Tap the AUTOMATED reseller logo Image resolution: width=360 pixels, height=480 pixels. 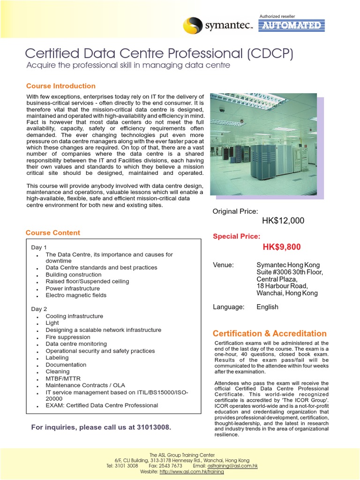pyautogui.click(x=292, y=25)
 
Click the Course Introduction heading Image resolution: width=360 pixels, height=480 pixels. pyautogui.click(x=60, y=86)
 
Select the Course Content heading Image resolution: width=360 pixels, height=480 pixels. pyautogui.click(x=52, y=232)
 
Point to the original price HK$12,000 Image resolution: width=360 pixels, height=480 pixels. pyautogui.click(x=283, y=221)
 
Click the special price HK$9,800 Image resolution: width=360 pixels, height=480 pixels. pyautogui.click(x=282, y=247)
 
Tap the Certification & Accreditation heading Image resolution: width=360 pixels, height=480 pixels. pyautogui.click(x=270, y=333)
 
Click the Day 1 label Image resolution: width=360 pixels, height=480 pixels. pyautogui.click(x=39, y=247)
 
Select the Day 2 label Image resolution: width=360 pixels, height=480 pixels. pyautogui.click(x=39, y=309)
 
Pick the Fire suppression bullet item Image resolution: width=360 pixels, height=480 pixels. pyautogui.click(x=68, y=337)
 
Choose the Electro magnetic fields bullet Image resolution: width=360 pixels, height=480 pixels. pyautogui.click(x=76, y=295)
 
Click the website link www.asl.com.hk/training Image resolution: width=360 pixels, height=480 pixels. pyautogui.click(x=191, y=472)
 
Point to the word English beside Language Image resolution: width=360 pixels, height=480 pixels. pyautogui.click(x=267, y=307)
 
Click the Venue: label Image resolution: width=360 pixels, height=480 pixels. pyautogui.click(x=223, y=265)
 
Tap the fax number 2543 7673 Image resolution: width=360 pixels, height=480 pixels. pyautogui.click(x=172, y=466)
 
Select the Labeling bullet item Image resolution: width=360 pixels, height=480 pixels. pyautogui.click(x=57, y=358)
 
